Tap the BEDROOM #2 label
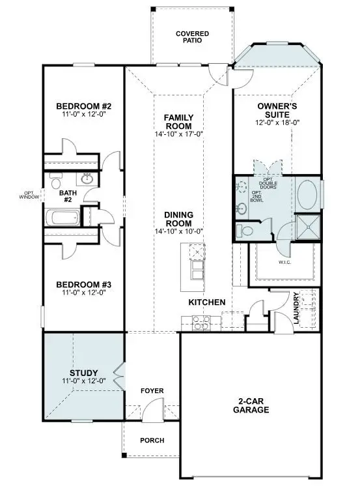[x=84, y=106]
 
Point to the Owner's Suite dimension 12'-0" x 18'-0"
[x=277, y=122]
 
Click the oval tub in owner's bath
[x=309, y=194]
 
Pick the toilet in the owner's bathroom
[x=247, y=230]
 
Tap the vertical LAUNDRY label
[x=296, y=307]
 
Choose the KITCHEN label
[x=207, y=302]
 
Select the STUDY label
[x=83, y=374]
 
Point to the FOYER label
[x=152, y=390]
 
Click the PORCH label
[x=152, y=440]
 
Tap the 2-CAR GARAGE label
[x=251, y=405]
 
